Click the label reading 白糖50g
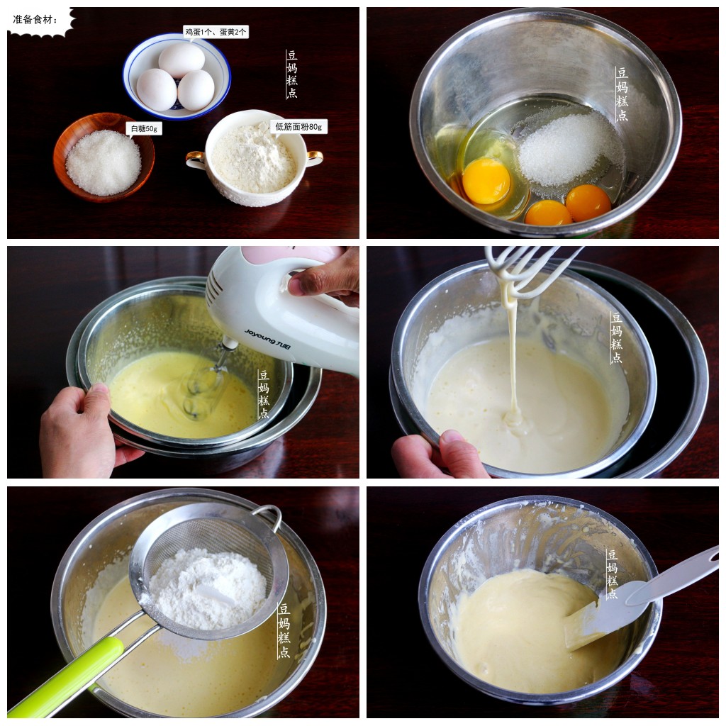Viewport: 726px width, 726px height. coord(144,129)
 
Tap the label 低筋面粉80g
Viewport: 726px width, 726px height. coord(298,126)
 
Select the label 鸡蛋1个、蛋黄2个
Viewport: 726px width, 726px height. coord(216,32)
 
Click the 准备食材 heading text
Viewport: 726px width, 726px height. coord(35,19)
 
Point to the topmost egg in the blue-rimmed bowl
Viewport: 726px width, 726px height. coord(181,60)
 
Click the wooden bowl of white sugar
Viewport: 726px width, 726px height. coord(104,157)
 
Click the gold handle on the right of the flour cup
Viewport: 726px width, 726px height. coord(315,157)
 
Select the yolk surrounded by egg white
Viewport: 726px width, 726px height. coord(486,181)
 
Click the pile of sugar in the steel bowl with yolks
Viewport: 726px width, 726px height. coord(568,149)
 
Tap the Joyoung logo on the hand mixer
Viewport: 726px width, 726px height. coord(267,339)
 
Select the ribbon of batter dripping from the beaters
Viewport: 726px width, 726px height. coord(512,352)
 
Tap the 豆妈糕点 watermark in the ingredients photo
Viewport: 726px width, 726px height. coord(291,74)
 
